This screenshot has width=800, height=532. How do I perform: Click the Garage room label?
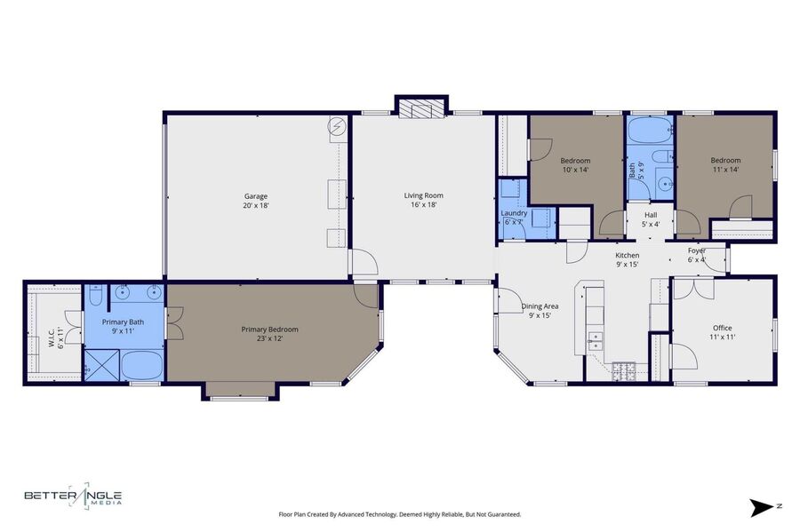coord(256,201)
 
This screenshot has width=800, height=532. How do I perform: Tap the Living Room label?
coord(423,200)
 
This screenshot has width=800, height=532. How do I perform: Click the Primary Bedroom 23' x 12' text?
coord(269,334)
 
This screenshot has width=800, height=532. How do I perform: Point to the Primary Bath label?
coord(123,326)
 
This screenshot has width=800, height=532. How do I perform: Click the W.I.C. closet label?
coord(56,337)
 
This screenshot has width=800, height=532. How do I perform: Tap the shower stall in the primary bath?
coord(101,365)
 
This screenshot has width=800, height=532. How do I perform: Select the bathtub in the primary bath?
coord(142,365)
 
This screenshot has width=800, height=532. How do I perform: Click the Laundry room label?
coord(514,218)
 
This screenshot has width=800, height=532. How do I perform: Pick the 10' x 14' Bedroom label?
coord(575,165)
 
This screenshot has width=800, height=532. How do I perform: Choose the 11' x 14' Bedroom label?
coord(725,164)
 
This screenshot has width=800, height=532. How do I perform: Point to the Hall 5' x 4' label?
coord(651,219)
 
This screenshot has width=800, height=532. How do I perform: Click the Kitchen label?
coord(627,259)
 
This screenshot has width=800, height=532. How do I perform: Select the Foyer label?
coord(696,255)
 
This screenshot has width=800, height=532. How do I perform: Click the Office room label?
coord(722,332)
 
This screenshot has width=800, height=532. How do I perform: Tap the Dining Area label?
coord(540,310)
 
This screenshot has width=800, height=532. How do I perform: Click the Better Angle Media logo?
coord(74,496)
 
